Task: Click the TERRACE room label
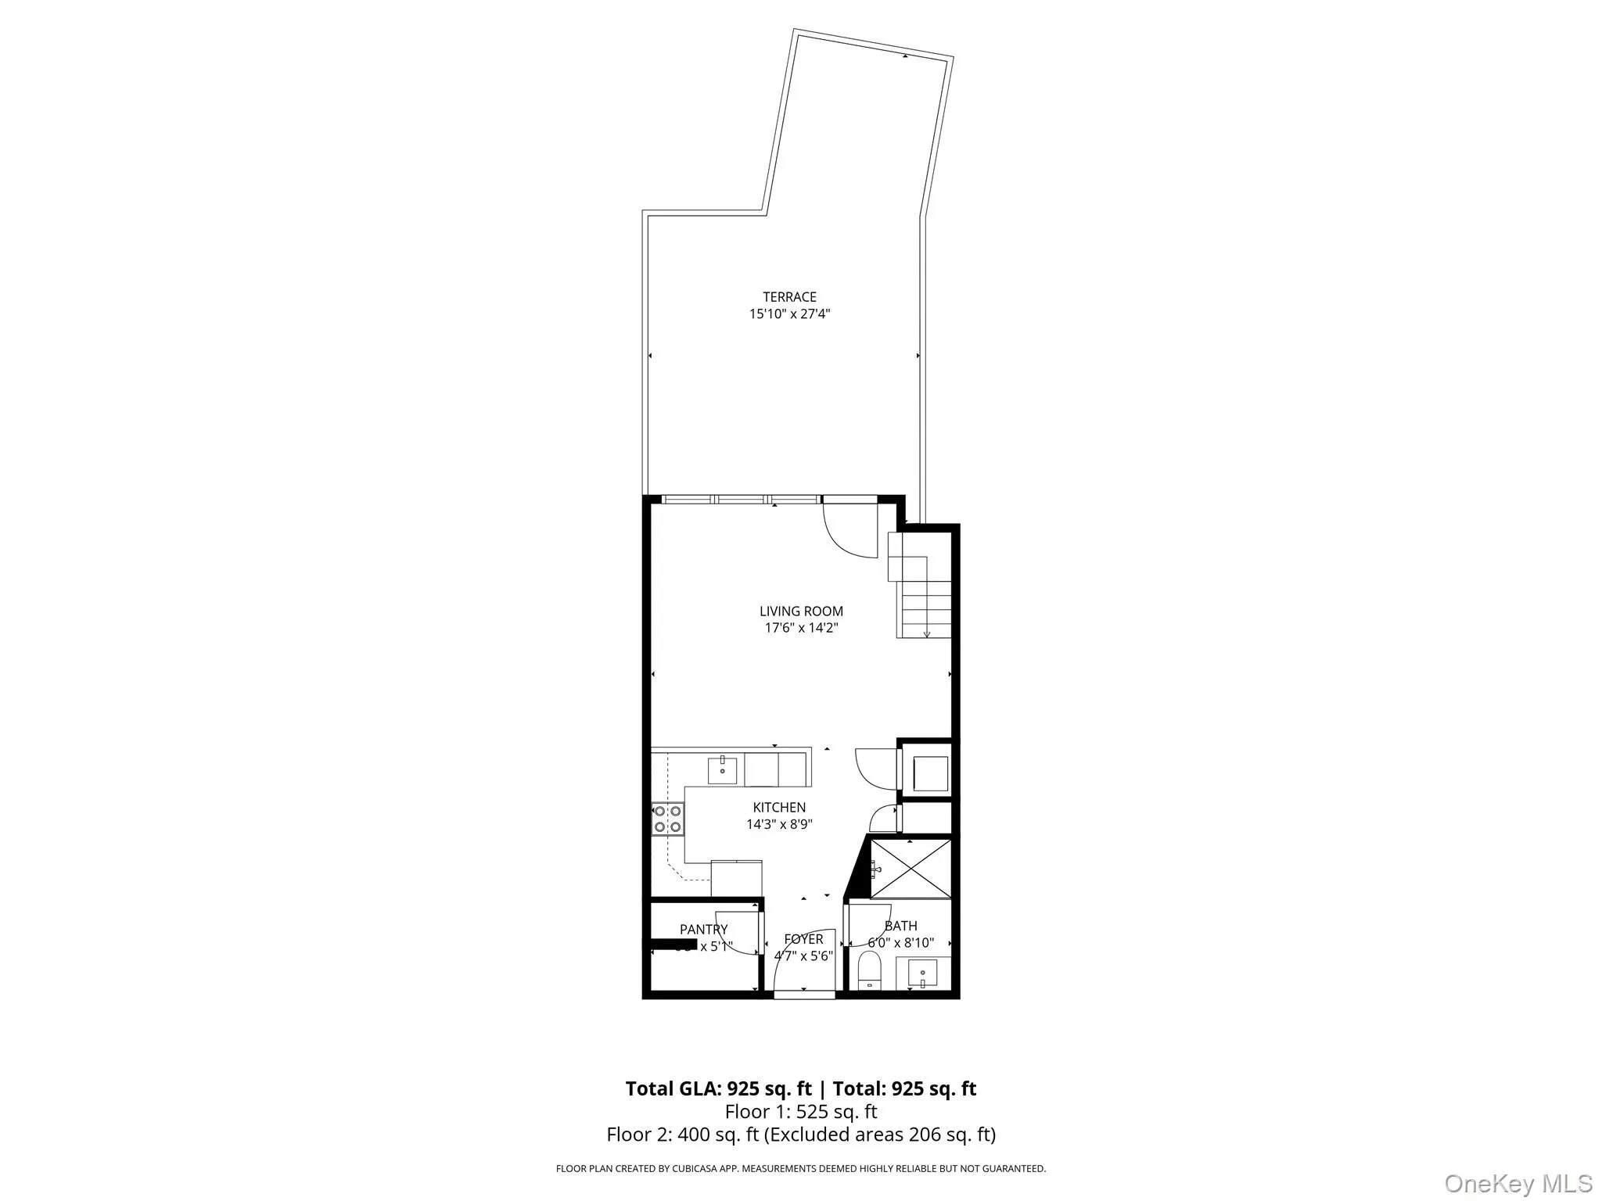pyautogui.click(x=789, y=297)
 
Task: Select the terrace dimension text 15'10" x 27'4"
pyautogui.click(x=789, y=314)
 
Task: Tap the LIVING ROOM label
pyautogui.click(x=801, y=611)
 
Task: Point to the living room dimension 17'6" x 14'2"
pyautogui.click(x=801, y=628)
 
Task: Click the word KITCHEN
pyautogui.click(x=779, y=808)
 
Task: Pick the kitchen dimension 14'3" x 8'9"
pyautogui.click(x=779, y=824)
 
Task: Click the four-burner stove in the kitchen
pyautogui.click(x=667, y=819)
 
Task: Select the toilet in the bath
pyautogui.click(x=870, y=972)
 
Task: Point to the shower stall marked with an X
pyautogui.click(x=911, y=868)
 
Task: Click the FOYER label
pyautogui.click(x=803, y=939)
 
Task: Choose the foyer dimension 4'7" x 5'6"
pyautogui.click(x=803, y=955)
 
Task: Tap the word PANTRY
pyautogui.click(x=703, y=930)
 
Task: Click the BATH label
pyautogui.click(x=900, y=926)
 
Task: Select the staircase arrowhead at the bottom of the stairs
pyautogui.click(x=927, y=634)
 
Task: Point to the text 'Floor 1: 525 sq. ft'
pyautogui.click(x=801, y=1111)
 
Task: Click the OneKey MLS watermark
pyautogui.click(x=1518, y=1183)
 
